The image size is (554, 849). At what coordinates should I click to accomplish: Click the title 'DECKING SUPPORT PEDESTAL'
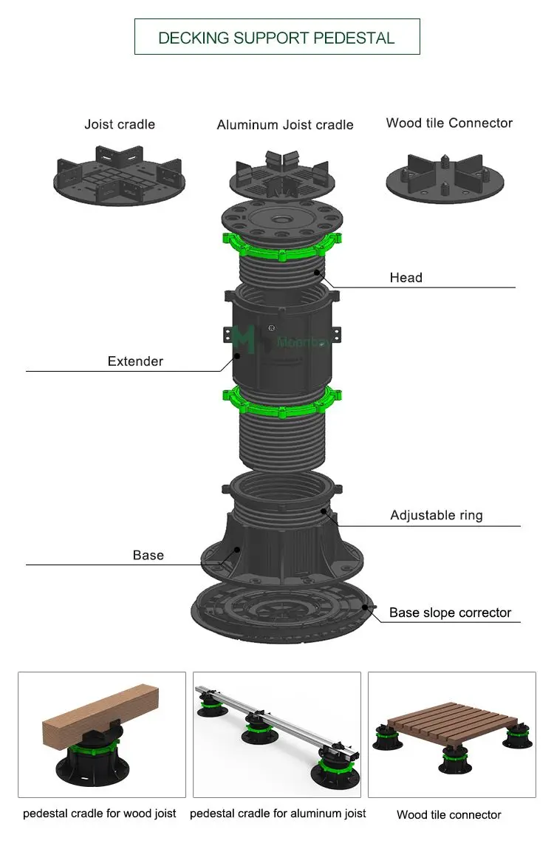coord(276,38)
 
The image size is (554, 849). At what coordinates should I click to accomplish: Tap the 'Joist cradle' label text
coord(120,124)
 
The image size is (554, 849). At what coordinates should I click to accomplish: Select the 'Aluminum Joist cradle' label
coord(284,126)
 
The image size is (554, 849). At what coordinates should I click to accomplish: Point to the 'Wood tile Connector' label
coord(449,123)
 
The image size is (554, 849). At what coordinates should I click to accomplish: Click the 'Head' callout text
coord(406,278)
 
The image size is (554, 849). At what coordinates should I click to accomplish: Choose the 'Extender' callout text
coord(135,361)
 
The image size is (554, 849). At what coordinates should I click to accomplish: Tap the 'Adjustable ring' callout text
coord(436,516)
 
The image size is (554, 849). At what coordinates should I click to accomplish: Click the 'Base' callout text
coord(148,555)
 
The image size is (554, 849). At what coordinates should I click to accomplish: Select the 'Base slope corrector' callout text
coord(450,613)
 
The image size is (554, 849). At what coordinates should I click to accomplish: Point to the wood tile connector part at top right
coord(445,177)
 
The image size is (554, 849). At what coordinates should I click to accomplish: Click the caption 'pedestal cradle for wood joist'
coord(100,814)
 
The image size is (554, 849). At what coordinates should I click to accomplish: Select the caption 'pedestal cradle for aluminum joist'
coord(278,814)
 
